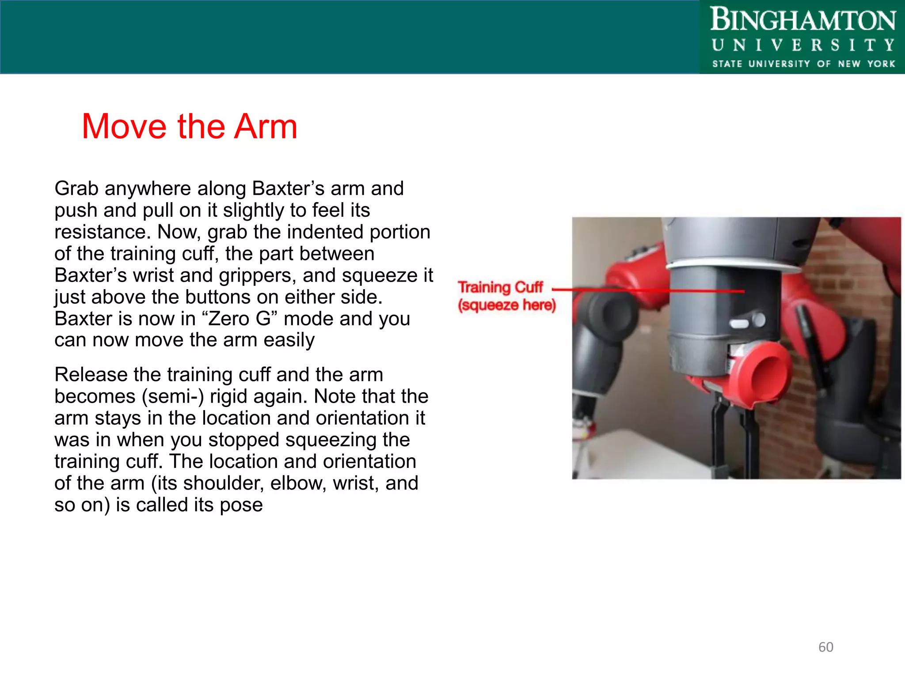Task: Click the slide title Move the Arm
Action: [190, 127]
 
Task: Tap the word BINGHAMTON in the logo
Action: [802, 20]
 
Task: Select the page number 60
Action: [825, 647]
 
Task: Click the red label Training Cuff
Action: [500, 287]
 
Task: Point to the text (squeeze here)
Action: [506, 305]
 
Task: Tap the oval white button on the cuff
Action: [739, 324]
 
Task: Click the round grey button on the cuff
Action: [758, 319]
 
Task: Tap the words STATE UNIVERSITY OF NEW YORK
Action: [803, 64]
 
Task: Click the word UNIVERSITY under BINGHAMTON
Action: [802, 45]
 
